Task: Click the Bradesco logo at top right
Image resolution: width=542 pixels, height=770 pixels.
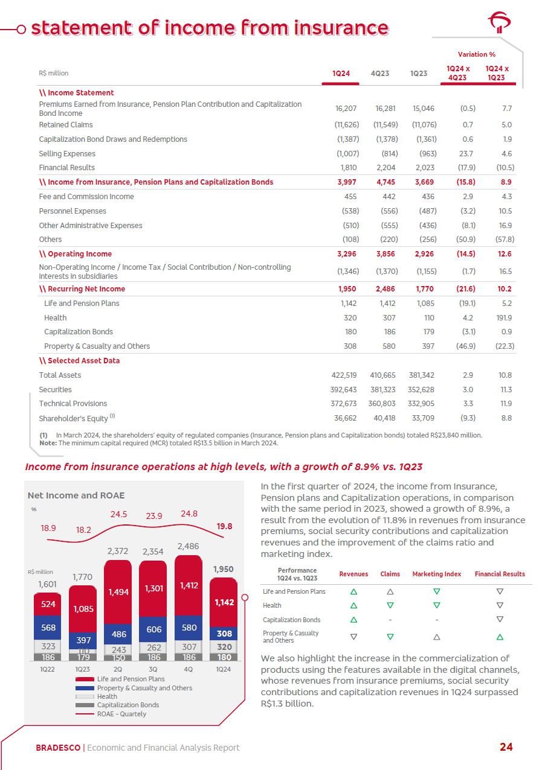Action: point(499,24)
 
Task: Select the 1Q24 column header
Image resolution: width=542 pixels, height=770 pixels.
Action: point(341,74)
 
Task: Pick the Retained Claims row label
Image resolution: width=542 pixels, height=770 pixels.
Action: point(66,125)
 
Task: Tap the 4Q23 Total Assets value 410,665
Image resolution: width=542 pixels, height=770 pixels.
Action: point(385,375)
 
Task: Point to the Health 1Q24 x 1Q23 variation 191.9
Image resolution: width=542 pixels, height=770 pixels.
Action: point(504,318)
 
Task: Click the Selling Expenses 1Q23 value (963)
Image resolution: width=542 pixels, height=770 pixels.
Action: point(427,154)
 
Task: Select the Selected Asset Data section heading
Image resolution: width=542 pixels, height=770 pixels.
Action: point(79,361)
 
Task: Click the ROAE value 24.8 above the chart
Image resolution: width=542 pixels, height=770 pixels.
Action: point(189,514)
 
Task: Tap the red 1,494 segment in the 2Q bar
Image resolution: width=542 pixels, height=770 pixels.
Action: point(118,593)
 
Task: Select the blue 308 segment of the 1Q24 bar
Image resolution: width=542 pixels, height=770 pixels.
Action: point(224,634)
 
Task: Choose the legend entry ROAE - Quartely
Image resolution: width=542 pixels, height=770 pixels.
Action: point(121,714)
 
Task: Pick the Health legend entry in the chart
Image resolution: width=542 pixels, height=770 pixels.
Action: point(107,696)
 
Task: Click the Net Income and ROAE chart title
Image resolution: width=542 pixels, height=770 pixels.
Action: point(76,495)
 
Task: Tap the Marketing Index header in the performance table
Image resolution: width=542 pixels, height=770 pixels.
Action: point(436,574)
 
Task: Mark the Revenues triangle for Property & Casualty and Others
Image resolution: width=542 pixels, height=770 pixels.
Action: point(353,636)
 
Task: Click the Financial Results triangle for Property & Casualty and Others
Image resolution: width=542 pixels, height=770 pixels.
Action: point(500,636)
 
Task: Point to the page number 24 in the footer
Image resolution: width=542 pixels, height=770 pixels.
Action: point(506,747)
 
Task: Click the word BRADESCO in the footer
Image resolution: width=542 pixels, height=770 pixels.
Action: point(58,748)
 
